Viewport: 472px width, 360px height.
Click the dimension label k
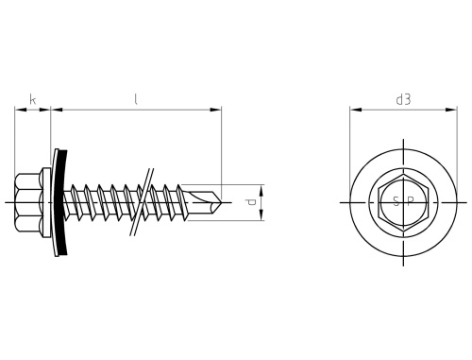point(33,98)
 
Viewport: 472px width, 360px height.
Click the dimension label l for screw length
point(136,98)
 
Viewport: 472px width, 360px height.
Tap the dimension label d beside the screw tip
point(249,202)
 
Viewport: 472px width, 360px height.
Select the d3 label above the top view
point(403,98)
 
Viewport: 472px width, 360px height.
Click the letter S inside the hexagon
point(396,202)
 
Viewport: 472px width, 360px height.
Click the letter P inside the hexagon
point(410,202)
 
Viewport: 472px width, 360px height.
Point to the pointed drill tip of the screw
point(222,202)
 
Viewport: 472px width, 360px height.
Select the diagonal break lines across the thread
point(143,202)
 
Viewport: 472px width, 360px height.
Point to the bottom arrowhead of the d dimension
point(261,218)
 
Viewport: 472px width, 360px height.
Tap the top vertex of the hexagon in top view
point(403,177)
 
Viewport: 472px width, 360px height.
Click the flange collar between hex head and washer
point(53,202)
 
